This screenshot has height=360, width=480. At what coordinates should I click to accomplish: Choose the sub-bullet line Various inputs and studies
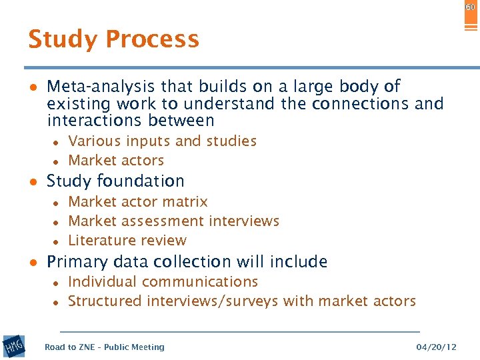tap(162, 141)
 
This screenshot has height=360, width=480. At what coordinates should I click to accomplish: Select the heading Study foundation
tap(115, 181)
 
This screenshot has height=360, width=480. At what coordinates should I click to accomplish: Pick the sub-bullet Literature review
tap(127, 241)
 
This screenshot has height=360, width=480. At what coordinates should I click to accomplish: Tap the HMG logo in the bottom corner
tap(13, 346)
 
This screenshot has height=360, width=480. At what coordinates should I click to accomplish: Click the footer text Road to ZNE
tap(67, 347)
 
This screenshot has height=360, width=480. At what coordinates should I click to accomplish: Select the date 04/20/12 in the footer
tap(436, 347)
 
